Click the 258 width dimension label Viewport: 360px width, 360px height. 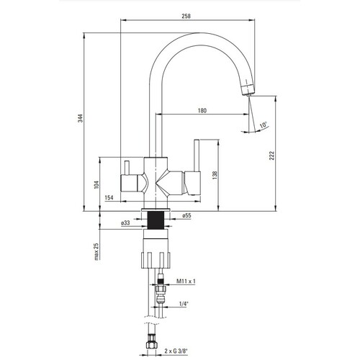[x=186, y=16]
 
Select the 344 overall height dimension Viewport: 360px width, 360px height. [x=81, y=118]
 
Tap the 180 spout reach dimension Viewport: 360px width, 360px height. [x=202, y=111]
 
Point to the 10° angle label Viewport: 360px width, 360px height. [x=264, y=125]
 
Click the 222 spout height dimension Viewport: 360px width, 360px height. [x=271, y=156]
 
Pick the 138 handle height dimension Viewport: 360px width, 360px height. [x=215, y=175]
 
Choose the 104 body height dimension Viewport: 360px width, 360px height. [x=96, y=184]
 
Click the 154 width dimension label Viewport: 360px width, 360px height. [x=109, y=197]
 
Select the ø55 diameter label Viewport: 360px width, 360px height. [x=186, y=215]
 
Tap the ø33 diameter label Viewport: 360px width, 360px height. [x=125, y=223]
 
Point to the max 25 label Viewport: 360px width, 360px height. [x=96, y=251]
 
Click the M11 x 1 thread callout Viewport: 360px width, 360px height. [x=186, y=281]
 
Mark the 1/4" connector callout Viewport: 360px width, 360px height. [x=184, y=304]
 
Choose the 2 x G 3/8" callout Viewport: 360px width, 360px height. [x=176, y=351]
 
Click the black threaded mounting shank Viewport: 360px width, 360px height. [x=156, y=220]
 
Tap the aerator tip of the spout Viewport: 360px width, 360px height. [x=247, y=89]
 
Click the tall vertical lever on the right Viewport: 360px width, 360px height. [x=197, y=156]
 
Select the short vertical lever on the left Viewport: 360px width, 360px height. [x=127, y=168]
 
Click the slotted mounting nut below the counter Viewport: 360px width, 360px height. [x=156, y=259]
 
